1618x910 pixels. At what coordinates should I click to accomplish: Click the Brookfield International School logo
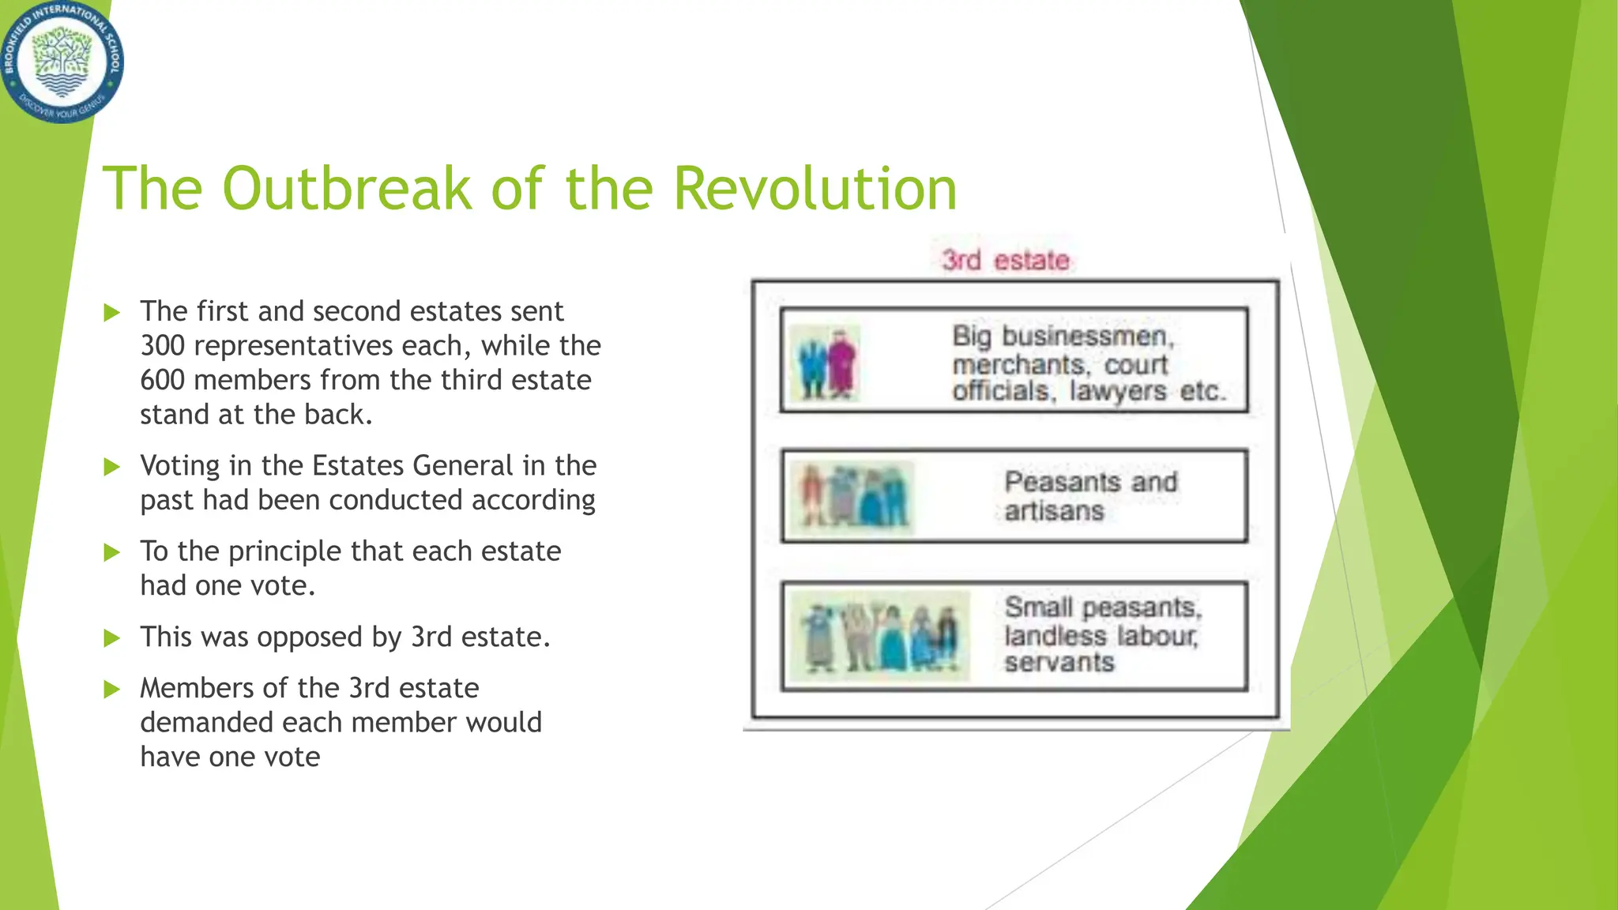(62, 62)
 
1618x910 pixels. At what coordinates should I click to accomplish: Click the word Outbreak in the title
(348, 189)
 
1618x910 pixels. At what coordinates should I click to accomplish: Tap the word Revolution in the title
(815, 189)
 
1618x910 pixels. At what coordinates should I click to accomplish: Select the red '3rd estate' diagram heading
(1005, 260)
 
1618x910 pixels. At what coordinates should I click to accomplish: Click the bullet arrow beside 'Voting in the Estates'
(112, 467)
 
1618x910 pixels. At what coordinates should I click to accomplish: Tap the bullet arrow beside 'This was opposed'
(112, 637)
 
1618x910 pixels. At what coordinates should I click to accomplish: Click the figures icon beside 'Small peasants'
(881, 636)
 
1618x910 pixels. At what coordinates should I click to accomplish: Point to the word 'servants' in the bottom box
(1059, 662)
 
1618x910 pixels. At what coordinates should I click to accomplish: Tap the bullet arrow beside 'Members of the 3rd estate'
(112, 689)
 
